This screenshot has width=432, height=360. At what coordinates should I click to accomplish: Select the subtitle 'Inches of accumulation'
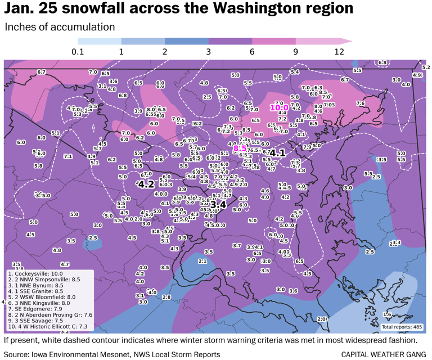pyautogui.click(x=60, y=27)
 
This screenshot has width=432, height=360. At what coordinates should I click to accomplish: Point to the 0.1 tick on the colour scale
pyautogui.click(x=78, y=52)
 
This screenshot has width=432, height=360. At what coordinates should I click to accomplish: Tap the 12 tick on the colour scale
pyautogui.click(x=339, y=52)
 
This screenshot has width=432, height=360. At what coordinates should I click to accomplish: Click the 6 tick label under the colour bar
pyautogui.click(x=252, y=52)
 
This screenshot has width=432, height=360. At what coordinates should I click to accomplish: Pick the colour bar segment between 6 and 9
pyautogui.click(x=274, y=41)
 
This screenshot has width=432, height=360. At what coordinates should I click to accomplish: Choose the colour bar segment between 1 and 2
pyautogui.click(x=143, y=41)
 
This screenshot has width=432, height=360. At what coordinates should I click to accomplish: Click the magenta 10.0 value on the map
pyautogui.click(x=279, y=107)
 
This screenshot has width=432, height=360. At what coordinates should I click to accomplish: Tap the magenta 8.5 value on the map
pyautogui.click(x=240, y=148)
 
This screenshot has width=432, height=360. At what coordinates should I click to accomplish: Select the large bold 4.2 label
pyautogui.click(x=146, y=184)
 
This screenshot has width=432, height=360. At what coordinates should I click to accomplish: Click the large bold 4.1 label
pyautogui.click(x=277, y=152)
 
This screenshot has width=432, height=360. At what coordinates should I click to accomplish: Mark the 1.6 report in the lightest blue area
pyautogui.click(x=387, y=314)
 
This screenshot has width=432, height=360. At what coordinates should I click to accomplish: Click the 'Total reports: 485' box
pyautogui.click(x=402, y=327)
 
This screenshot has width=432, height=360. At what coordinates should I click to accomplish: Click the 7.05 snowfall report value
pyautogui.click(x=329, y=105)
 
